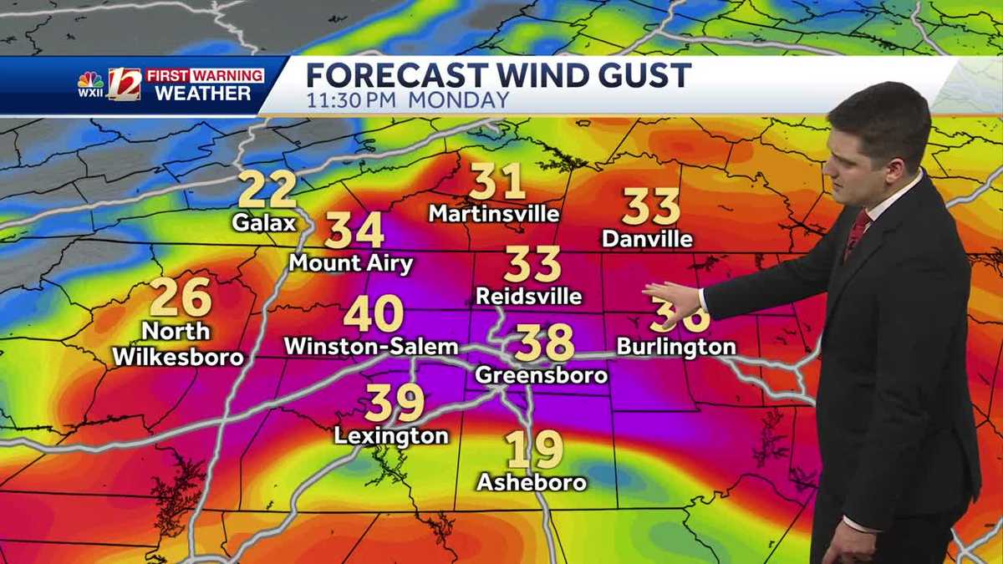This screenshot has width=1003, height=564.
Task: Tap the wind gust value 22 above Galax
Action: click(267, 190)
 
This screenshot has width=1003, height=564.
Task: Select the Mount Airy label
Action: click(350, 263)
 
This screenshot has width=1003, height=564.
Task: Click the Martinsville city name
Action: click(494, 214)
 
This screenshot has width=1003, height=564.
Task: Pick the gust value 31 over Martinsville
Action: click(496, 181)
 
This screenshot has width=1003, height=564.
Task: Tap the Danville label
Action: click(647, 239)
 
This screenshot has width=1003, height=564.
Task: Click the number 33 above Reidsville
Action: click(532, 264)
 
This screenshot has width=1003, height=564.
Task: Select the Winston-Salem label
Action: click(371, 346)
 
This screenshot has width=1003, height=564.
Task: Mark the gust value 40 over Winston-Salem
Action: click(373, 314)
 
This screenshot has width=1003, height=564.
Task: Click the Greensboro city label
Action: click(541, 375)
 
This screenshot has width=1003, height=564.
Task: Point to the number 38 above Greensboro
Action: click(544, 342)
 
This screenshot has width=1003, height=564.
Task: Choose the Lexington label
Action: click(391, 435)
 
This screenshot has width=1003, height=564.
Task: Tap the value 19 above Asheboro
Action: click(533, 450)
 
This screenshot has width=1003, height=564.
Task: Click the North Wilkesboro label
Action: click(178, 343)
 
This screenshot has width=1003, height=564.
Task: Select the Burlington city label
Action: click(676, 346)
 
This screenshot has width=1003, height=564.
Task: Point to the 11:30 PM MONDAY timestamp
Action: click(407, 100)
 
